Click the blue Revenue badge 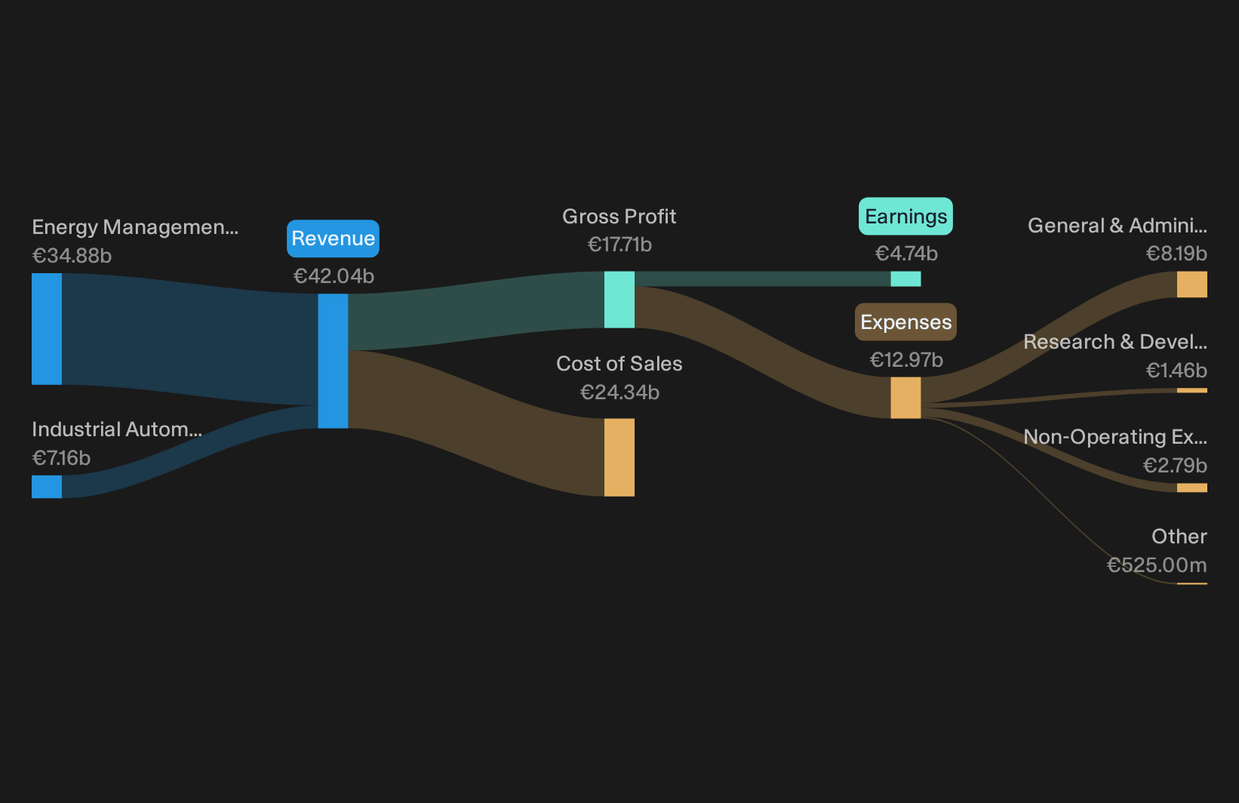tap(333, 238)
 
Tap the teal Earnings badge tap(905, 217)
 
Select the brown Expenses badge tap(905, 322)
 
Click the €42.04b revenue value tap(334, 276)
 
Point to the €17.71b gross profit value tap(619, 245)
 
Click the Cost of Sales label tap(619, 364)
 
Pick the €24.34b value tap(619, 392)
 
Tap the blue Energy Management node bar tap(47, 329)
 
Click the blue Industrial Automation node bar tap(47, 487)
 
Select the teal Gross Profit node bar tap(619, 300)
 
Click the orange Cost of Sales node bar tap(619, 457)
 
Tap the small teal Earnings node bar tap(905, 279)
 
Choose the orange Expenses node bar tap(905, 398)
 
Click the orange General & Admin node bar tap(1192, 285)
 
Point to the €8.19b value tap(1176, 254)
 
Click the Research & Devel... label tap(1115, 342)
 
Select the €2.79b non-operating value tap(1176, 466)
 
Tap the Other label tap(1179, 537)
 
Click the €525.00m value tap(1158, 565)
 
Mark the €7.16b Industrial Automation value tap(61, 458)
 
